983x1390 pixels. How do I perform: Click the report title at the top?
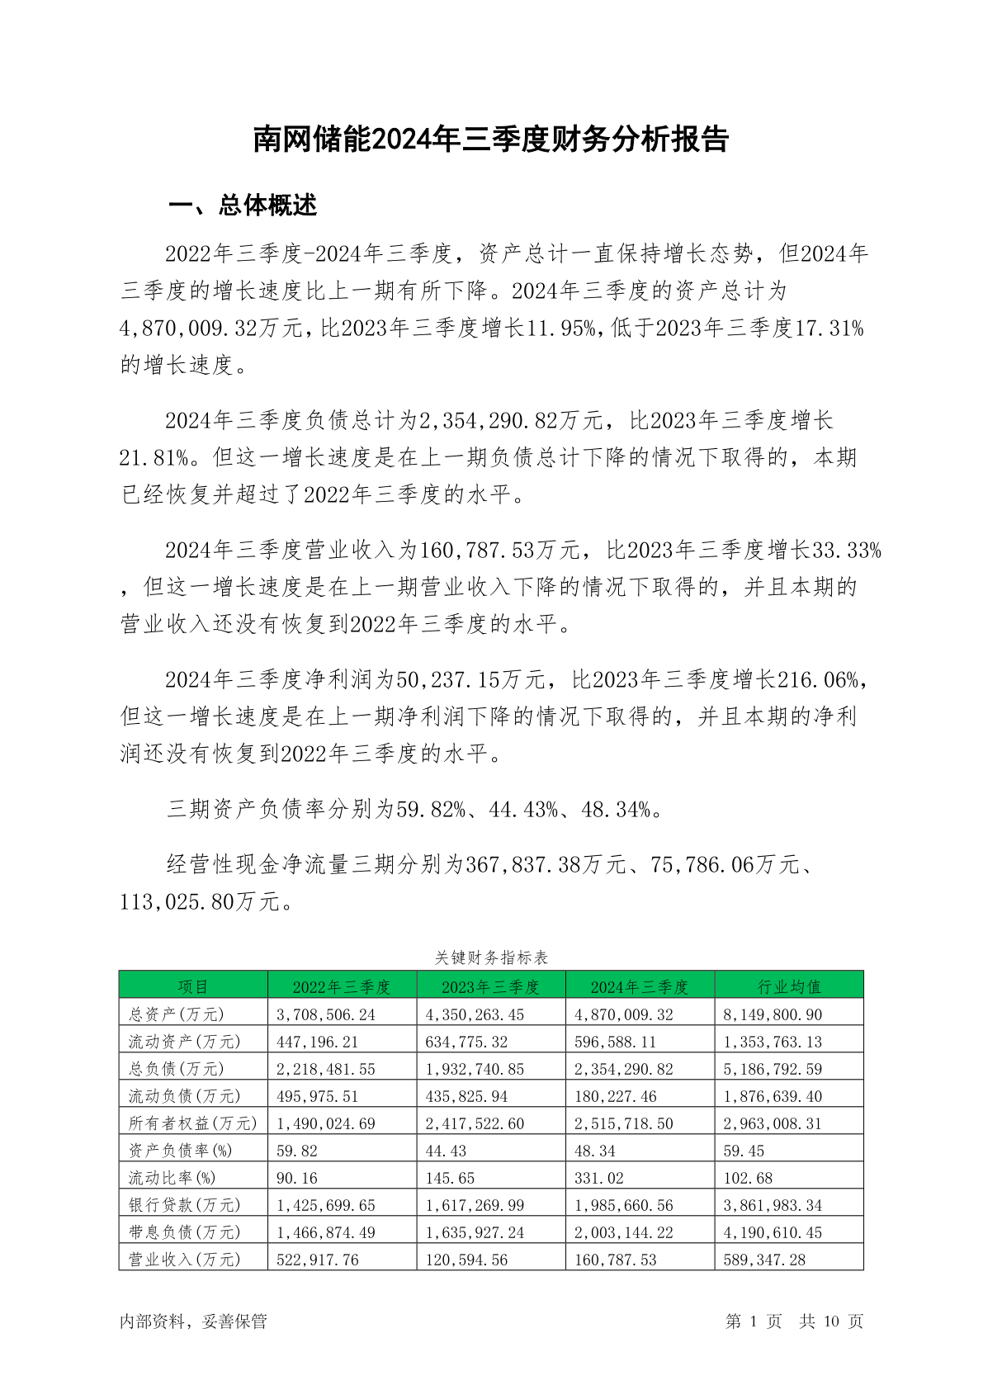[x=491, y=139]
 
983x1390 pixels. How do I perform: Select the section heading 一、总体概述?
[x=243, y=206]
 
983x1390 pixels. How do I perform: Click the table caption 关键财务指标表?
[x=491, y=957]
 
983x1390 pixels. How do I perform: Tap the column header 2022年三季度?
[x=341, y=986]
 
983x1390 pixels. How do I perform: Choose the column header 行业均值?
[x=788, y=986]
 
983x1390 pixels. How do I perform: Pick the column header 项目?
[x=193, y=986]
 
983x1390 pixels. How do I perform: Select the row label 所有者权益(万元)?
[x=192, y=1123]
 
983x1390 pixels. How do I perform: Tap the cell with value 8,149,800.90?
[x=773, y=1014]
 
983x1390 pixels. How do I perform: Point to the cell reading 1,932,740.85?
[x=475, y=1069]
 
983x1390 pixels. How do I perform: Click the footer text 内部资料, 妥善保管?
[x=193, y=1321]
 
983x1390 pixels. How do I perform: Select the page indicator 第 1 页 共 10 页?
[x=794, y=1321]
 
